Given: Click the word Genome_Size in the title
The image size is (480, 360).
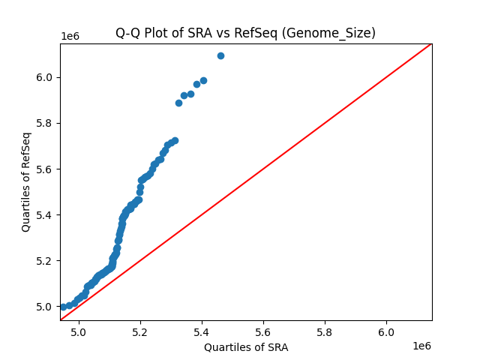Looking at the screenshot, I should (340, 33).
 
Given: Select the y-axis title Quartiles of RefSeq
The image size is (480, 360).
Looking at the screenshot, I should (26, 181).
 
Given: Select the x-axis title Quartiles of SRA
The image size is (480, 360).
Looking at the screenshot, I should (246, 347).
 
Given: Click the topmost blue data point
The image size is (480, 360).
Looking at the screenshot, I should (220, 55).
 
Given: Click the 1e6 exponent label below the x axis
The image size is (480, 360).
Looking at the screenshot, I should (421, 346).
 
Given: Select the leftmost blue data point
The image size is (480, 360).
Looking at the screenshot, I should (63, 307).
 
